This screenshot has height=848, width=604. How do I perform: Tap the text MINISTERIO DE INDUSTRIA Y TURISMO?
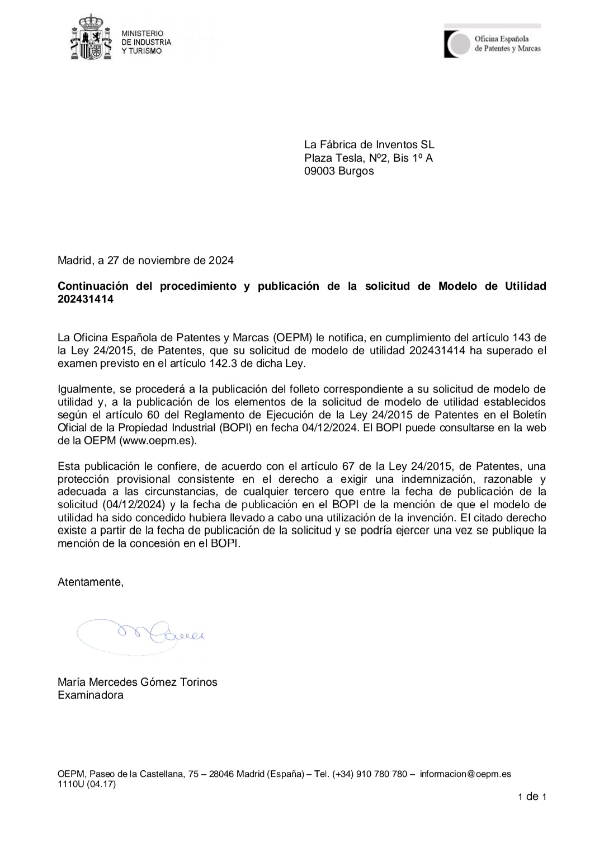147,43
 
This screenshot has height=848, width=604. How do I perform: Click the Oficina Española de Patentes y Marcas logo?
492,43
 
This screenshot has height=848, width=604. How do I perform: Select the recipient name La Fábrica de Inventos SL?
369,145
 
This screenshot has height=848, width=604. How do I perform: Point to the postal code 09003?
319,171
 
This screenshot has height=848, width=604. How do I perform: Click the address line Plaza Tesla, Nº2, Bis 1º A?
369,158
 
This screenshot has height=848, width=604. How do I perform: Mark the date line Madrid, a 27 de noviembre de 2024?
145,261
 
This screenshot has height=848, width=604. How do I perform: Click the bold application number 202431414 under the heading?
86,299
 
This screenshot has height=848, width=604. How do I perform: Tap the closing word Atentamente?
91,582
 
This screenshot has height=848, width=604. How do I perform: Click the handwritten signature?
145,633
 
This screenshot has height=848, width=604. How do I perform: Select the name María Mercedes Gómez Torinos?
138,682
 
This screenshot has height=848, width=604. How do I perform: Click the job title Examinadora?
91,695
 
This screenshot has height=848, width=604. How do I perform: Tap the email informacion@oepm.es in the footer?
465,774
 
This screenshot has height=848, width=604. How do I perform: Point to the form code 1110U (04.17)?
87,784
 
